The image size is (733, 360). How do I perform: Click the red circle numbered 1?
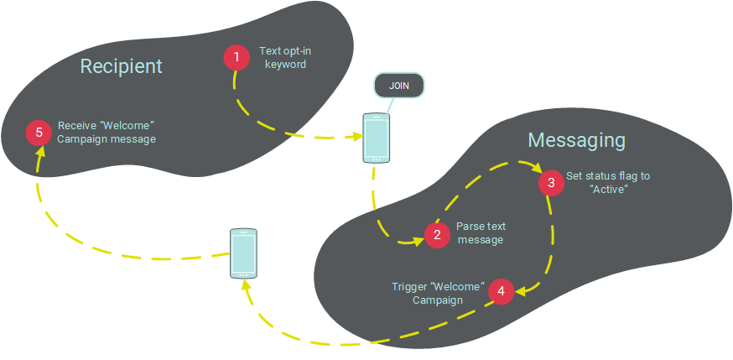coord(237,57)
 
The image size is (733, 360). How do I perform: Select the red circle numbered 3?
coord(551,182)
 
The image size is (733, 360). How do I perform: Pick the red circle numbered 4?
coord(501,291)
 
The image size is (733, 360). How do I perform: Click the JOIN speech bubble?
coord(398,86)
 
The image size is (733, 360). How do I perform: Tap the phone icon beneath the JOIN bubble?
coord(376,138)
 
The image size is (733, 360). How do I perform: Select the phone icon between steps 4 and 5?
coord(243,253)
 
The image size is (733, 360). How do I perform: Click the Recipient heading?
coord(121,66)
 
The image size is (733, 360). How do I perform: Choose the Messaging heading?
coord(576,139)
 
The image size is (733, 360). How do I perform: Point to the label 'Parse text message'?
coord(481,233)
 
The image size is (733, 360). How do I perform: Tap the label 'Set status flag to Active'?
coord(609,182)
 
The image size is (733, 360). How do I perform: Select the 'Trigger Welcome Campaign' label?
coord(438,293)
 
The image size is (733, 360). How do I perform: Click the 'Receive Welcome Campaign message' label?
coord(107,133)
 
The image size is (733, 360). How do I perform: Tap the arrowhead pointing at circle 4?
coord(522,291)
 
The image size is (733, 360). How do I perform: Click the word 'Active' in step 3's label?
coord(610,189)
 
